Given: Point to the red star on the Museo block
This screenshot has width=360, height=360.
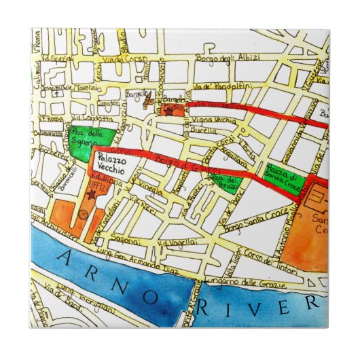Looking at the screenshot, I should pos(169,112).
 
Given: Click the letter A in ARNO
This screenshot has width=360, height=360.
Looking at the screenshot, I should pos(65,255).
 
